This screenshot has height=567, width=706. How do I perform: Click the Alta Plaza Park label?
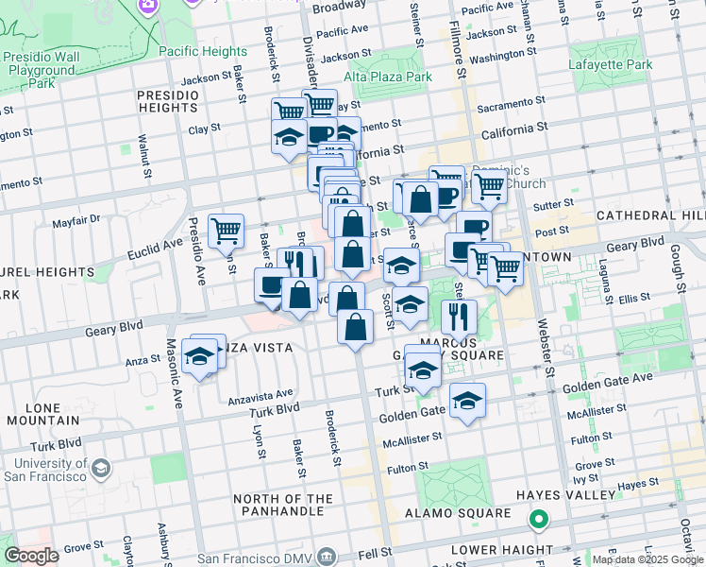(x=387, y=77)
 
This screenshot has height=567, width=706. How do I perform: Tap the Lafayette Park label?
(x=611, y=65)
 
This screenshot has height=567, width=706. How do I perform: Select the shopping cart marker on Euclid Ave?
(x=227, y=231)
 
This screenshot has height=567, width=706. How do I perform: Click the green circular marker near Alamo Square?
(x=538, y=519)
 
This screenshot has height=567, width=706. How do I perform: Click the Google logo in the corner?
(x=30, y=556)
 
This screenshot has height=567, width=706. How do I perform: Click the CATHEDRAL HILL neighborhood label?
(x=650, y=215)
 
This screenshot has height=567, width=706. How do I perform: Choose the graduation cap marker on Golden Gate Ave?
(x=467, y=401)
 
